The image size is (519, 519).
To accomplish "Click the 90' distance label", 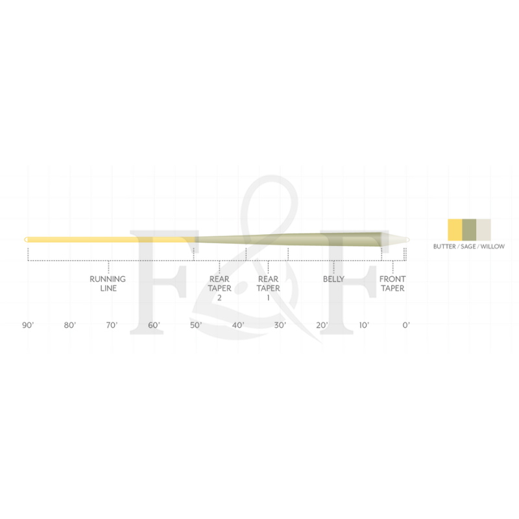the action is [x=28, y=326].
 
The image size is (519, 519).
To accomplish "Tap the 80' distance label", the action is [x=70, y=326].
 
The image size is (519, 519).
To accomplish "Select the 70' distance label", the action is [x=112, y=326].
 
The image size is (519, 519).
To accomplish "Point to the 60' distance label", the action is [x=154, y=326].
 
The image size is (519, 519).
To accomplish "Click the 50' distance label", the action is [x=196, y=326].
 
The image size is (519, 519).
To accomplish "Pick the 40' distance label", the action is [x=238, y=326].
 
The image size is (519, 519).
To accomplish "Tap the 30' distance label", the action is [x=280, y=326].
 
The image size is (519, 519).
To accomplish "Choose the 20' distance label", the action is [x=322, y=326].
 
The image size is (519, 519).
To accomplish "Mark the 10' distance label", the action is [x=364, y=326].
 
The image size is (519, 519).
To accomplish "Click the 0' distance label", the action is [x=406, y=326].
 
